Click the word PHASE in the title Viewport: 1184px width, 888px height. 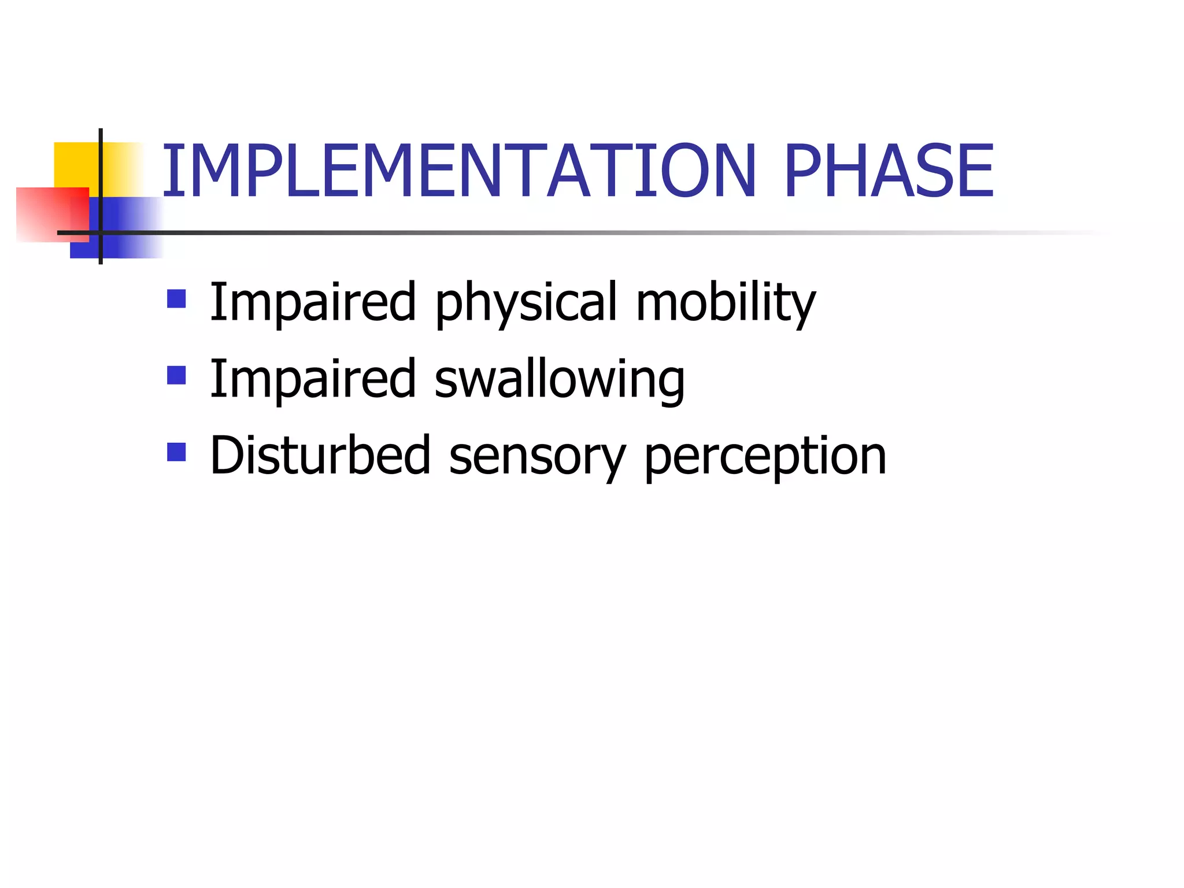889,171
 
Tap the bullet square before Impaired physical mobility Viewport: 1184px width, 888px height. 176,299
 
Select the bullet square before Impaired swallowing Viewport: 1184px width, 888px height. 176,375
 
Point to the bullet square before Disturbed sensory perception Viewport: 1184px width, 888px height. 176,452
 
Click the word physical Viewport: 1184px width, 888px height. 527,303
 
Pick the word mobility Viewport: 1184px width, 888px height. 726,303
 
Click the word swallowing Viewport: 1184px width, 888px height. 559,380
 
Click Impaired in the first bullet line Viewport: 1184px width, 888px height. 312,302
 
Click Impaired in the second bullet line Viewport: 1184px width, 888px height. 312,379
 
